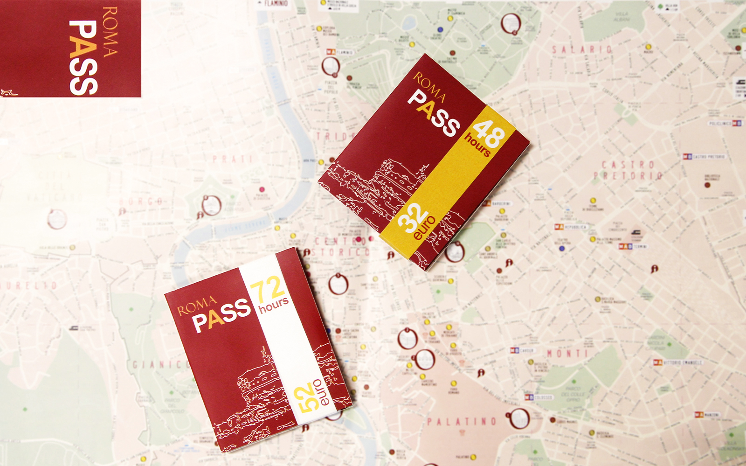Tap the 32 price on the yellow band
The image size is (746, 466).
412,217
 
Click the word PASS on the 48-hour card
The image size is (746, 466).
434,114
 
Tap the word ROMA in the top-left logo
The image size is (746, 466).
110,32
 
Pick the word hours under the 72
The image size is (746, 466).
274,306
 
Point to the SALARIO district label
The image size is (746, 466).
582,49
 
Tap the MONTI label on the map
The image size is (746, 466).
567,354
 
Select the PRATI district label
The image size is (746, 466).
232,160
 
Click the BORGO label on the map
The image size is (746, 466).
141,202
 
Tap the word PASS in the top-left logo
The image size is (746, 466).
83,57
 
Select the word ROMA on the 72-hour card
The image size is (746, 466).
197,305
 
